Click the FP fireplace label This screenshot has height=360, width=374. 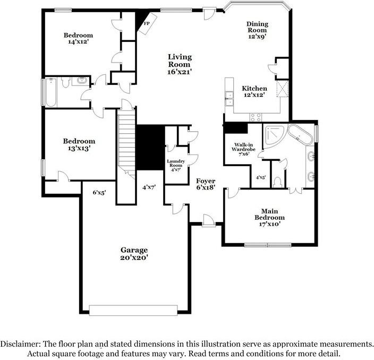147,23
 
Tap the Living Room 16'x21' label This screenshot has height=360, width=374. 180,64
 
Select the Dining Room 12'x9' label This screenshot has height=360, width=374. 257,30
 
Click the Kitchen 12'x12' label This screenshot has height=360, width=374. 254,91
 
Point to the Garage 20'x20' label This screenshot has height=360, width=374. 134,254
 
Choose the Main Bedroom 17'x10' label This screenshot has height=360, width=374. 269,217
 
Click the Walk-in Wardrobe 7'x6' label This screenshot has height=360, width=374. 243,149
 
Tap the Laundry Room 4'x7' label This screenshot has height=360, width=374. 176,166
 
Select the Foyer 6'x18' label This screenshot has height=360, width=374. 206,184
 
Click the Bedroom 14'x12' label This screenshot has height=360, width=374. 78,38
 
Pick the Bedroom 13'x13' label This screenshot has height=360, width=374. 79,144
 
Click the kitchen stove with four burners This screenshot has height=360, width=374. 256,117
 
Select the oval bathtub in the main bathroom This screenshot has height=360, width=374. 300,135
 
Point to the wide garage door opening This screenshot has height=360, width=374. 133,310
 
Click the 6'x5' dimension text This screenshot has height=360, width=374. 99,193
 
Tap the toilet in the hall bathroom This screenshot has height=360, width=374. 65,82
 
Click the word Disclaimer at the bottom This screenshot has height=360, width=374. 20,344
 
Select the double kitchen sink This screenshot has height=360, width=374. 229,98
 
